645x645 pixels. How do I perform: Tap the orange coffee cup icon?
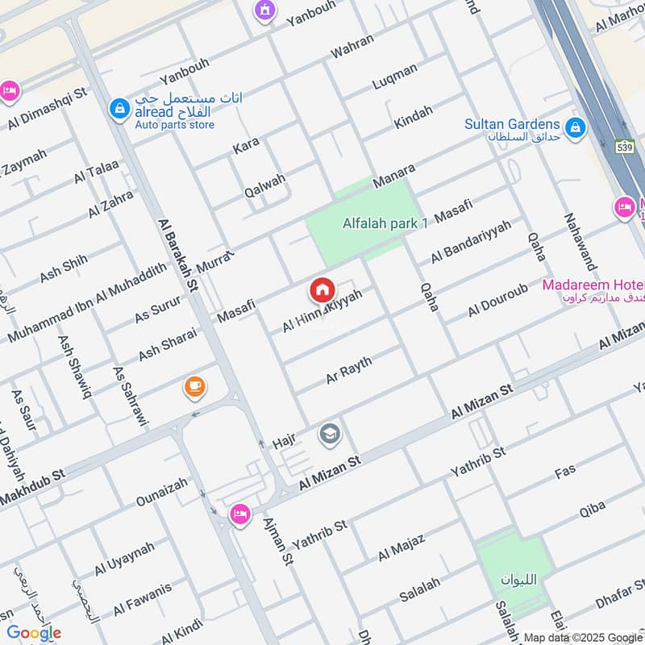click(x=194, y=388)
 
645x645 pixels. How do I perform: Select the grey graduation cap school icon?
click(x=329, y=435)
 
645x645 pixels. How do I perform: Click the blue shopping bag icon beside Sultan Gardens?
click(x=575, y=127)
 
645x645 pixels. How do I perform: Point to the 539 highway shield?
click(x=625, y=147)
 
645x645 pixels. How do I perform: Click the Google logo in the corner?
click(x=34, y=633)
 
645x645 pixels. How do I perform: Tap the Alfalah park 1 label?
click(x=385, y=223)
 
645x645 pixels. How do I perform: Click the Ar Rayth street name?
click(x=349, y=369)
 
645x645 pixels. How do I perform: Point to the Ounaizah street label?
click(x=161, y=492)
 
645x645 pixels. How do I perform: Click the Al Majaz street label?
click(x=401, y=547)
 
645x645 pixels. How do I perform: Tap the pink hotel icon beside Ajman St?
click(x=239, y=514)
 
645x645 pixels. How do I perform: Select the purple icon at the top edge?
click(x=263, y=10)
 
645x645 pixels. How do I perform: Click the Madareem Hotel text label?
click(x=593, y=285)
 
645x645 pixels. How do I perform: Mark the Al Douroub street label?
click(x=497, y=300)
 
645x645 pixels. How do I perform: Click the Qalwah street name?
click(x=265, y=187)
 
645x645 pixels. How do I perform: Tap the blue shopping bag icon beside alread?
click(x=120, y=107)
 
